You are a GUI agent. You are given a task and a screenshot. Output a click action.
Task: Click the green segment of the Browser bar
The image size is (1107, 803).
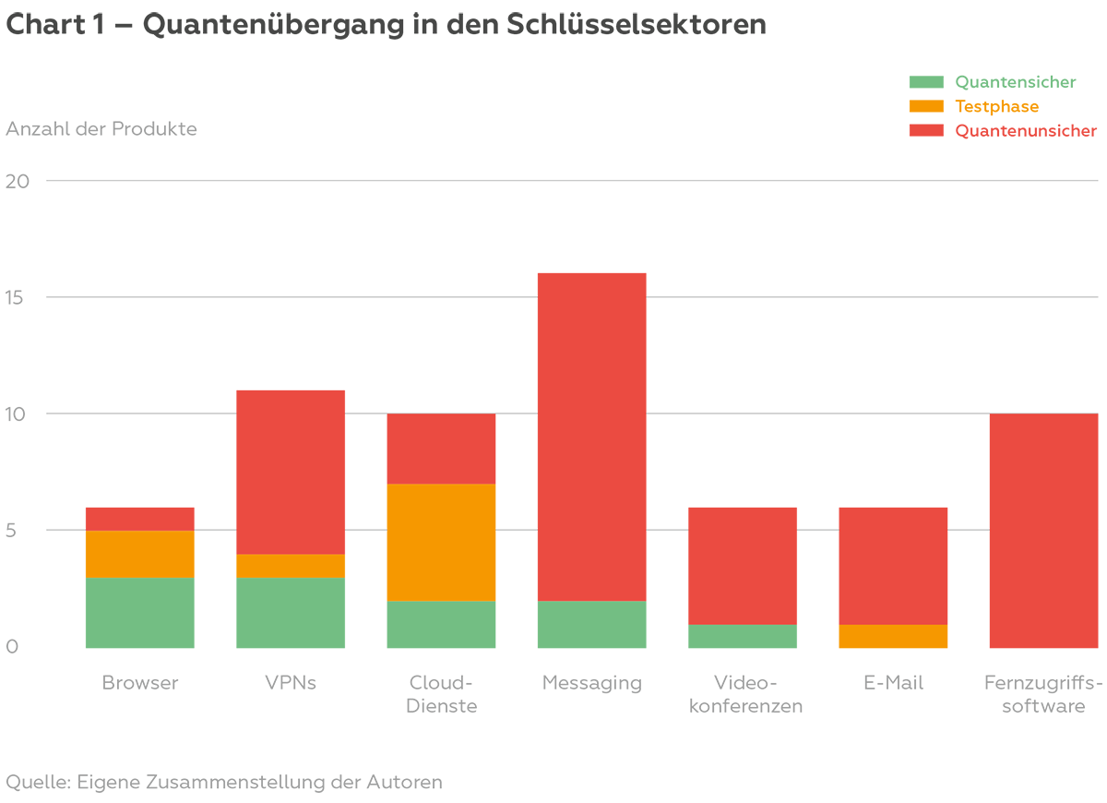click(x=139, y=612)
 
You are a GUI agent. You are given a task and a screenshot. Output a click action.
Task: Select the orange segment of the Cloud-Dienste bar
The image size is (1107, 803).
click(x=441, y=542)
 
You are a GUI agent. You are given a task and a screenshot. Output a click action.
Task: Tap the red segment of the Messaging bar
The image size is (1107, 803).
click(x=591, y=437)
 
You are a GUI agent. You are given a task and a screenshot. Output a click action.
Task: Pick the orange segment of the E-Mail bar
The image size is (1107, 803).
click(x=893, y=636)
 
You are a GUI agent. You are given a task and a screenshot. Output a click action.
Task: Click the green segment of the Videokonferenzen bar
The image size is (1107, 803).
click(x=743, y=636)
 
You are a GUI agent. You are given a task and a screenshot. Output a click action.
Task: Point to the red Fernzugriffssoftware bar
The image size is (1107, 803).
click(x=1043, y=530)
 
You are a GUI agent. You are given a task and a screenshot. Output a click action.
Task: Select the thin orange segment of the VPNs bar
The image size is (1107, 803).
click(x=291, y=566)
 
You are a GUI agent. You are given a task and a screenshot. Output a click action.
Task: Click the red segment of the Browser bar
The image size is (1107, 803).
click(x=139, y=519)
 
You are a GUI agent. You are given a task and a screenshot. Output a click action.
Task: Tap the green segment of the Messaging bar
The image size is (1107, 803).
click(x=591, y=624)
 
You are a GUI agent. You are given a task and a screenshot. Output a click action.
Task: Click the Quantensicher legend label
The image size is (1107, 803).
click(x=1015, y=82)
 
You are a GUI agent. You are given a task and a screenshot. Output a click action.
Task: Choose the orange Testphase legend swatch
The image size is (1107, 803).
click(x=926, y=106)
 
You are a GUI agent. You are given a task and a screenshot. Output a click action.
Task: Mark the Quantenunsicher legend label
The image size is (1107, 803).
click(x=1025, y=131)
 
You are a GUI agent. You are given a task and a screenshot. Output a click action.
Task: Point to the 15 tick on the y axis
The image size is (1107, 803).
click(x=18, y=297)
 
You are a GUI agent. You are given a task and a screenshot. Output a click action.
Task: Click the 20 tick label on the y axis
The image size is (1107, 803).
click(x=18, y=181)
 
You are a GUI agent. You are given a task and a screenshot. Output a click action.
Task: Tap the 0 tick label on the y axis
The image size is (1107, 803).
click(x=12, y=647)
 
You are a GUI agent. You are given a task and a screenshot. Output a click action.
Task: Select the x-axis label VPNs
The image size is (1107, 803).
click(x=291, y=683)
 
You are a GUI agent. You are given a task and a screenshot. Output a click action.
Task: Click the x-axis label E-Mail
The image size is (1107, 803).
click(x=893, y=683)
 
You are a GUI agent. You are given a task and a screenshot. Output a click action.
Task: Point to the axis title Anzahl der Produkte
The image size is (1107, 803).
click(x=101, y=128)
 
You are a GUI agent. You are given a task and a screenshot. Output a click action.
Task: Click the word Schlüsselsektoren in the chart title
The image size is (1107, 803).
click(x=637, y=25)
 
